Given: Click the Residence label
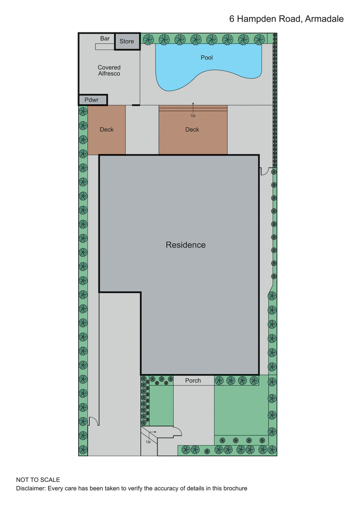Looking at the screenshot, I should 185,245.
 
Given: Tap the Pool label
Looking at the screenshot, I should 207,58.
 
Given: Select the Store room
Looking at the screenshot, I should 127,41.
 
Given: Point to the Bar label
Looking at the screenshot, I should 105,39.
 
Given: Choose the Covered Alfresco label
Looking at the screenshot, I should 109,71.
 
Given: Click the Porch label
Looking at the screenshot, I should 193,381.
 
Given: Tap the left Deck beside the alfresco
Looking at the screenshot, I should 106,130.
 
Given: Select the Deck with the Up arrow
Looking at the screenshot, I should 192,130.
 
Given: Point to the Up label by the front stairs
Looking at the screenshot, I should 148,441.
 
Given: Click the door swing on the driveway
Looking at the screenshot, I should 94,421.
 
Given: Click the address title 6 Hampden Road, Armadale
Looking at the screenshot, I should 286,19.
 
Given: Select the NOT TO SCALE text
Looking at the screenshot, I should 38,480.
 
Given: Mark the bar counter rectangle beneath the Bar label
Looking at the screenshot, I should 105,46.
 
